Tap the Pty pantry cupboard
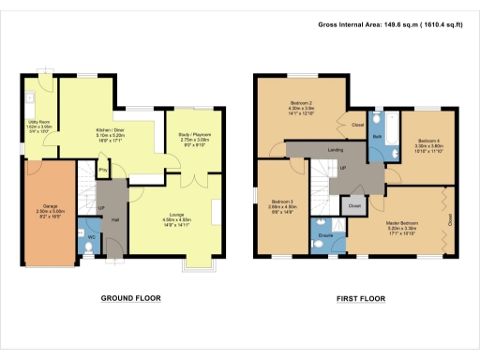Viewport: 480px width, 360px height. click(x=102, y=170)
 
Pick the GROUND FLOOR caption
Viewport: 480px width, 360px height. click(x=130, y=299)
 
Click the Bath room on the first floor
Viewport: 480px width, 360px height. click(x=376, y=136)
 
